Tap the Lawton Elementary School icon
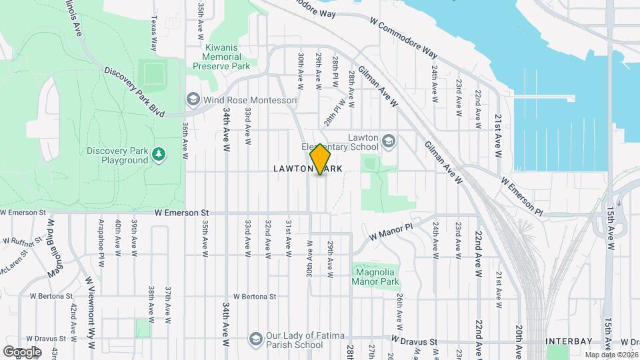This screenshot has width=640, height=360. tap(388, 141)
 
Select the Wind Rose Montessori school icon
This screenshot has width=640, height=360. tap(193, 100)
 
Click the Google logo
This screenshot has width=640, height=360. tap(21, 351)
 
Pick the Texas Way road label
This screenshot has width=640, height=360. tap(153, 33)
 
